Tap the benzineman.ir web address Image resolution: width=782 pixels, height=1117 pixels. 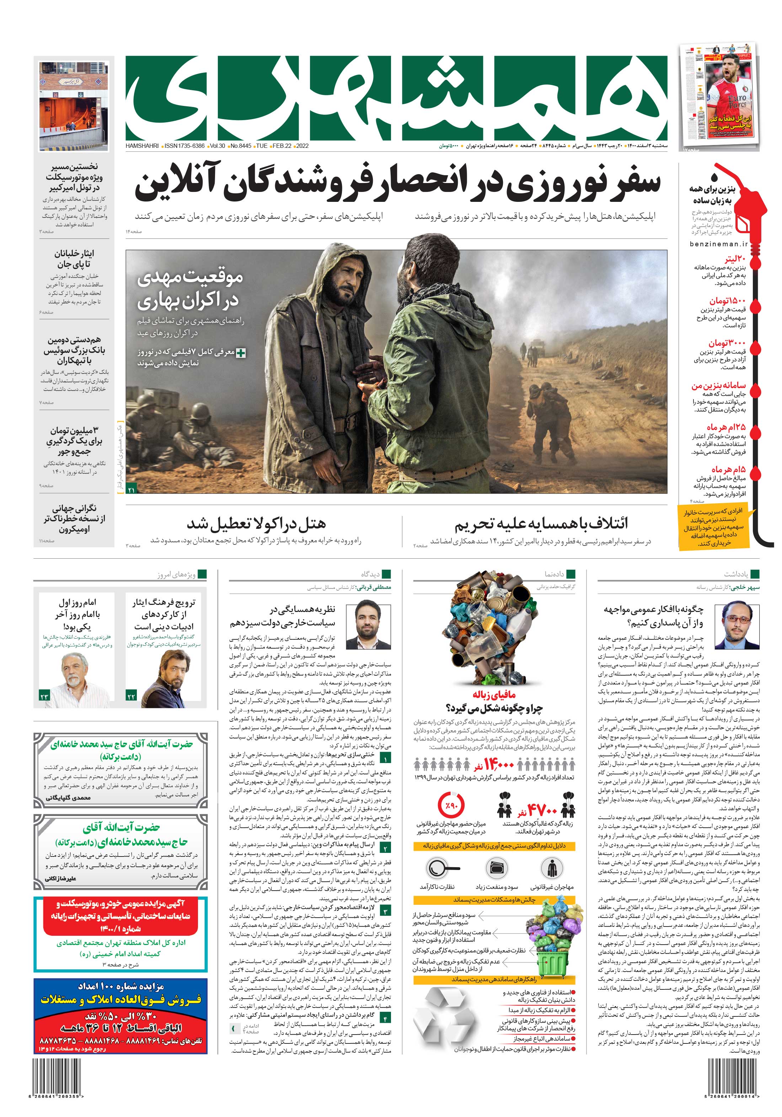[718, 244]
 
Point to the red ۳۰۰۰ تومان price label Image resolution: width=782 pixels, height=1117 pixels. [727, 343]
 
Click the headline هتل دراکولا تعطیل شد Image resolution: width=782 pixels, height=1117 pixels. [256, 524]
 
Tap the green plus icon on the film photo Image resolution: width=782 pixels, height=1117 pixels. [240, 353]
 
